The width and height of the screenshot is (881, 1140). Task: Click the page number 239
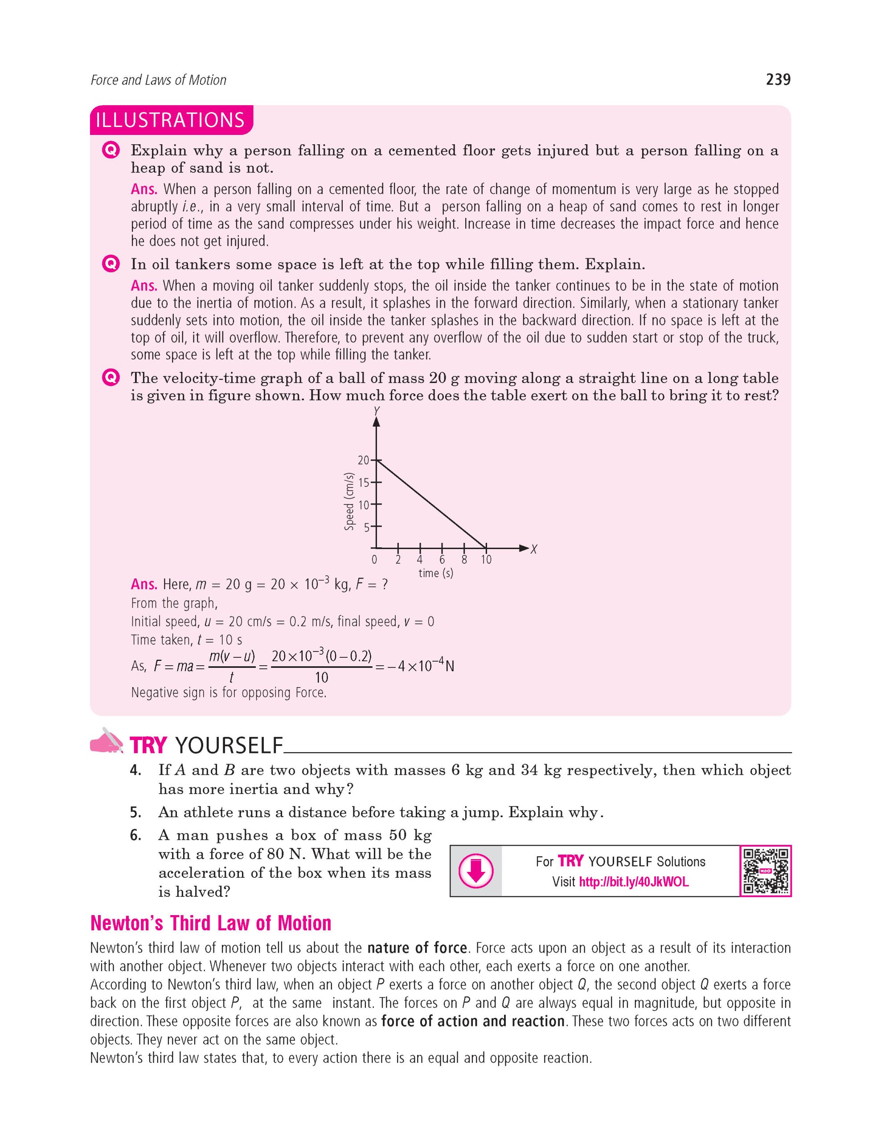tap(778, 80)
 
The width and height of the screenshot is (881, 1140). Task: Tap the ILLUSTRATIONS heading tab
tap(170, 120)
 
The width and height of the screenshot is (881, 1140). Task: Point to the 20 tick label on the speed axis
tap(363, 460)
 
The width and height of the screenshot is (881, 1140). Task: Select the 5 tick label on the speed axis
tap(366, 527)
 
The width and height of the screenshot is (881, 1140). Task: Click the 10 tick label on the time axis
tap(486, 560)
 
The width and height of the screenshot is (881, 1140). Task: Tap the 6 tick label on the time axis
tap(442, 560)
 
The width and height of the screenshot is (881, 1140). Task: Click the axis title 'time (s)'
tap(435, 573)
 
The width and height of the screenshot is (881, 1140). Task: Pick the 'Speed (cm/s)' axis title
tap(349, 501)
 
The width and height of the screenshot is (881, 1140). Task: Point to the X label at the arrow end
tap(534, 549)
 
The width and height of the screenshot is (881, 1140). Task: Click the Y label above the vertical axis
tap(376, 411)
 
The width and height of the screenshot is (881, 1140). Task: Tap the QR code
tap(765, 871)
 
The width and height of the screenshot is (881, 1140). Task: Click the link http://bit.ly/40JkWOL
tap(634, 882)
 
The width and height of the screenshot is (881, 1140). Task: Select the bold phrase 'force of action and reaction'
tap(473, 1021)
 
